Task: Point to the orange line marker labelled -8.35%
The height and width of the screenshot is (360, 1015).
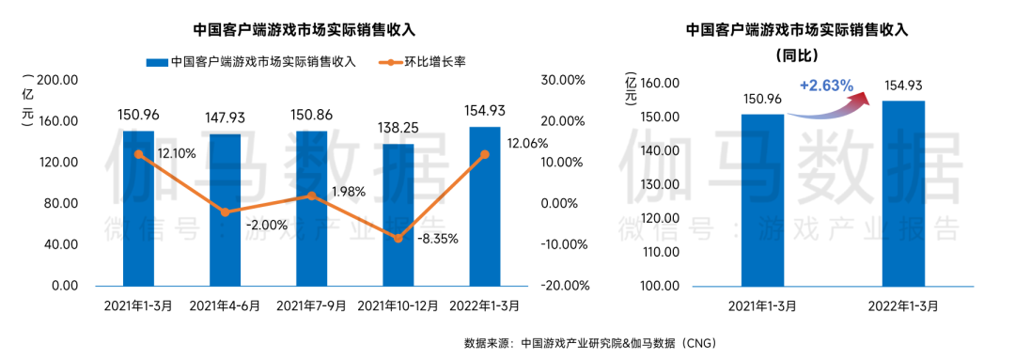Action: point(398,239)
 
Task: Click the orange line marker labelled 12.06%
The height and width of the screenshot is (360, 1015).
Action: point(485,155)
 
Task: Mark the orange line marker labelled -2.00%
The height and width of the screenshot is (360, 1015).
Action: point(226,212)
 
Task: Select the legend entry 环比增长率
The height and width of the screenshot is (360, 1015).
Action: point(425,62)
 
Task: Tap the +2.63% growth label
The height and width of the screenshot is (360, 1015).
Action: point(827,86)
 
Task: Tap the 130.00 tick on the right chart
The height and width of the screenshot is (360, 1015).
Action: point(659,184)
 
